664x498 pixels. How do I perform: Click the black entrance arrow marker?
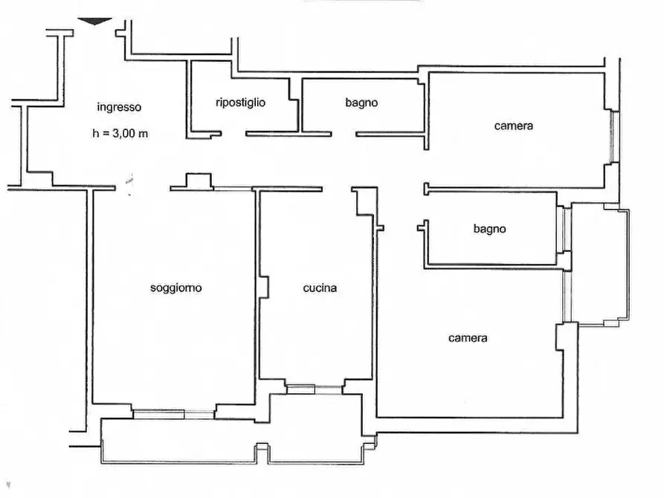[x=94, y=21]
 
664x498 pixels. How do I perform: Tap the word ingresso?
[x=119, y=107]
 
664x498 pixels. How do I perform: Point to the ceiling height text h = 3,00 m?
[x=120, y=133]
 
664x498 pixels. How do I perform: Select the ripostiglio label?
[x=240, y=103]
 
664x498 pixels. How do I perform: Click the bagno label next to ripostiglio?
[x=361, y=103]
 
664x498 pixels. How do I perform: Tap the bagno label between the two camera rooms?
[x=489, y=229]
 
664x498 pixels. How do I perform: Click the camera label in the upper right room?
[x=514, y=126]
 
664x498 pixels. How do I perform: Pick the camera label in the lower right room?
[x=468, y=338]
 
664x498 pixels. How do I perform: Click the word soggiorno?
[x=175, y=288]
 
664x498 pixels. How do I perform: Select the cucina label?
[x=320, y=288]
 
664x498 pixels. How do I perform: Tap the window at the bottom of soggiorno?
[x=173, y=414]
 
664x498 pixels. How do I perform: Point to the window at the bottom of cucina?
[x=314, y=389]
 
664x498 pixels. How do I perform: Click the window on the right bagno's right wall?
[x=564, y=229]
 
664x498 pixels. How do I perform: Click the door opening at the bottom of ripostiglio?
[x=233, y=134]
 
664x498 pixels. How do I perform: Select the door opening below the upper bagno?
[x=344, y=134]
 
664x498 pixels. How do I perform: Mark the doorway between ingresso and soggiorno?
[x=142, y=187]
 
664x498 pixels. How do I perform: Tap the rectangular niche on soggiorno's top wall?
[x=199, y=181]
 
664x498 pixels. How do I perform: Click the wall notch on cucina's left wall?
[x=264, y=288]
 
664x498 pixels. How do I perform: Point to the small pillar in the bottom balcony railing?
[x=262, y=454]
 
